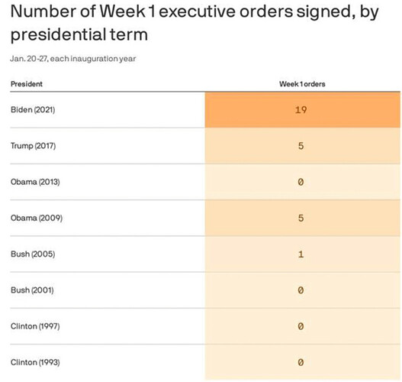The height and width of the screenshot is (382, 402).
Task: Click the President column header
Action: (x=27, y=84)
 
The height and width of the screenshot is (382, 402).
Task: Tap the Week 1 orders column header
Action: (x=302, y=84)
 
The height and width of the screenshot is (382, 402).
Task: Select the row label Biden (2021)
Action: (x=33, y=110)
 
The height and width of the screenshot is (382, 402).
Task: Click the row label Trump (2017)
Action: (x=33, y=146)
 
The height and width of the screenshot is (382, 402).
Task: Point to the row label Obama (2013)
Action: (x=35, y=182)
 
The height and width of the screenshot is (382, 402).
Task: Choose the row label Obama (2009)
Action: (x=37, y=218)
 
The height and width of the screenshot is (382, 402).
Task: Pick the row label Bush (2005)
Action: (x=33, y=254)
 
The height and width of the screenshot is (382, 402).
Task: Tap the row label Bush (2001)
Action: (x=32, y=290)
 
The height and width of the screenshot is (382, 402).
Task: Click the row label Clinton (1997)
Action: (x=35, y=326)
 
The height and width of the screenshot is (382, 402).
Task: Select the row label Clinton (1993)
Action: (x=35, y=362)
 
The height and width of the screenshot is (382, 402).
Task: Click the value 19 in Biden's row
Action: (x=301, y=110)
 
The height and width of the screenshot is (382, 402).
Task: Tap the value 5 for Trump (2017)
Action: (x=301, y=146)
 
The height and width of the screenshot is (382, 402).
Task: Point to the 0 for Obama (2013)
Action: (x=301, y=182)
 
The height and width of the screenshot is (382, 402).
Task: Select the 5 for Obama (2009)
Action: (x=301, y=219)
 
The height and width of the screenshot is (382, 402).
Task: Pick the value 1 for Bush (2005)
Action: (x=301, y=254)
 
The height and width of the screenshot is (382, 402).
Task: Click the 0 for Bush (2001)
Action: (x=301, y=290)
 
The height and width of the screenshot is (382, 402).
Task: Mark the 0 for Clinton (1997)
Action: (x=301, y=326)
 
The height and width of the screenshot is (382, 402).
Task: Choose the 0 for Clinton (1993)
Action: (x=301, y=362)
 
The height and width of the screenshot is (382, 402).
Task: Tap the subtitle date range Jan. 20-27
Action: (x=29, y=59)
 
